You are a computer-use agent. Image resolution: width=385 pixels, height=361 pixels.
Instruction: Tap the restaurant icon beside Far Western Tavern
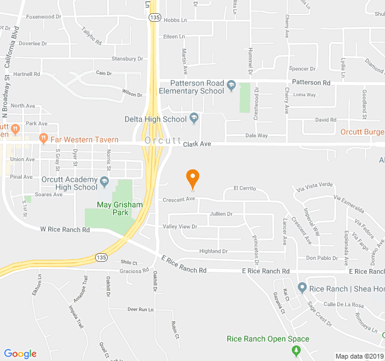tap(43, 138)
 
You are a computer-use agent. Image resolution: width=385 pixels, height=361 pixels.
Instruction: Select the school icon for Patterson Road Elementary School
tap(231, 87)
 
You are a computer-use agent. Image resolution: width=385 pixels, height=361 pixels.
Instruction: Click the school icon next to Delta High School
tap(194, 119)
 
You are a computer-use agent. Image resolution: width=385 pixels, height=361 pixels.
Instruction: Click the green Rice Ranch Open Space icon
tap(298, 350)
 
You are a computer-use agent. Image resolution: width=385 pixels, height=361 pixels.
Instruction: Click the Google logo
tap(20, 354)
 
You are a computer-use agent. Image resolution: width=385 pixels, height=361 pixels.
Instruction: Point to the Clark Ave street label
tap(197, 144)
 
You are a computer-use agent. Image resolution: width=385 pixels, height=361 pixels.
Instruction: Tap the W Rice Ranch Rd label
tap(65, 229)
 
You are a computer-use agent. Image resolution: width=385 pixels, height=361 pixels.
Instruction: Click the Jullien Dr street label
tap(221, 214)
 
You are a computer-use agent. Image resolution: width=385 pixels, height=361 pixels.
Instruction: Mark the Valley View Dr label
tap(180, 226)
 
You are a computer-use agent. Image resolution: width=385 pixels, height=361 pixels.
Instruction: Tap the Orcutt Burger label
tap(362, 132)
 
